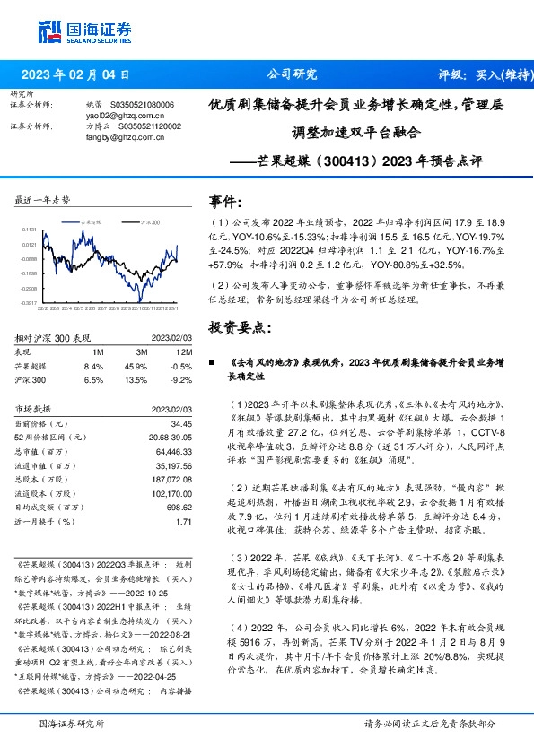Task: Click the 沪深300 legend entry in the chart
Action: [x=150, y=221]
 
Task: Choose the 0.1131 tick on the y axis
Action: [x=29, y=230]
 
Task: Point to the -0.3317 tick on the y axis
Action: [x=28, y=303]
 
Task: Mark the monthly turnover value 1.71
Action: [x=185, y=521]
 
